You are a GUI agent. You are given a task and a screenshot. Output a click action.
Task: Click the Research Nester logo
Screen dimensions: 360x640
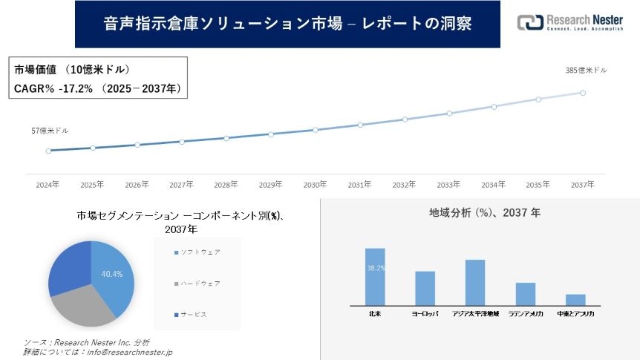pos(569,23)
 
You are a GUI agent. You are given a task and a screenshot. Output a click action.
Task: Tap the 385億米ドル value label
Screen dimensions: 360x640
pos(586,71)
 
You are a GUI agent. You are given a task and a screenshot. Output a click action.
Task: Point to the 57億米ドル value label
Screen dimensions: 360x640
pos(50,131)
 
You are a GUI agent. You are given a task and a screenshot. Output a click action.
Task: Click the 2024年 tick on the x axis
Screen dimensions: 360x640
pos(48,184)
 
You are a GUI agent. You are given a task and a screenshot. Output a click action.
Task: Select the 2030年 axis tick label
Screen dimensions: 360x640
pos(315,184)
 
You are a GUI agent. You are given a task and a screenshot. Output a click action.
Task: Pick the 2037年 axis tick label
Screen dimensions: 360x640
pos(583,184)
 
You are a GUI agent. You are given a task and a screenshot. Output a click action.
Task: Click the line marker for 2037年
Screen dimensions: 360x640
pos(583,93)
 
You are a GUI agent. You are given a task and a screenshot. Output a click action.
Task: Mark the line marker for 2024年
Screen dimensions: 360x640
pos(48,151)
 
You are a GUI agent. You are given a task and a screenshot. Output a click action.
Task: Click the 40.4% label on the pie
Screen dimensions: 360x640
pos(111,274)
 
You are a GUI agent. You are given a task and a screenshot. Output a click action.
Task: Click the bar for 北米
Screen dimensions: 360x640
pos(375,277)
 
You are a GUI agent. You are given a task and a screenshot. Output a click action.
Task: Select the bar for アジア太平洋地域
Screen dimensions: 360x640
pos(475,283)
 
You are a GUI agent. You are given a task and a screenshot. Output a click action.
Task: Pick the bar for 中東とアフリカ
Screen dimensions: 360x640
pos(575,300)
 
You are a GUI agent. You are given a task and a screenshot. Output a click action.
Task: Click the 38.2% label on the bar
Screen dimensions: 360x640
pos(375,268)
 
